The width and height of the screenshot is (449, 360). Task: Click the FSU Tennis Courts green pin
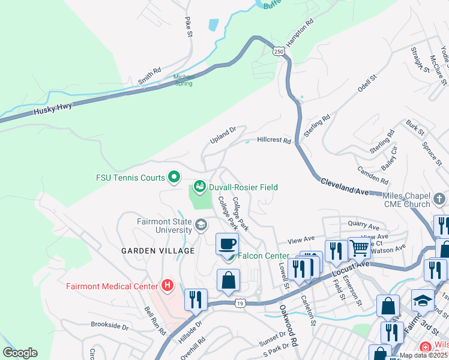tap(174, 177)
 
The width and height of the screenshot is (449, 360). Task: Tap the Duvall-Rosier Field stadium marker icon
tap(200, 187)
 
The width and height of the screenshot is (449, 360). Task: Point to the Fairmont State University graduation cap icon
tap(200, 226)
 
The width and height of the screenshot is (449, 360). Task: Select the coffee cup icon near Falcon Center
tap(227, 244)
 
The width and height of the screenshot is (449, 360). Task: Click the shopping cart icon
tap(360, 247)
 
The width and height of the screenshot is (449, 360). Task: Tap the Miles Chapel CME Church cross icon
tap(439, 198)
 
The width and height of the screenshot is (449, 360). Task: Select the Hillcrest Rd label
tap(274, 140)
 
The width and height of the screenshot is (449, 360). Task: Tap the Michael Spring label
tap(184, 80)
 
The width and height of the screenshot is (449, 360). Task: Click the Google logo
tap(20, 353)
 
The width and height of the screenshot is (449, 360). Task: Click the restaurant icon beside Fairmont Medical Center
tap(196, 299)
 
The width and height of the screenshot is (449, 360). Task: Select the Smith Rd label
tap(149, 75)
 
